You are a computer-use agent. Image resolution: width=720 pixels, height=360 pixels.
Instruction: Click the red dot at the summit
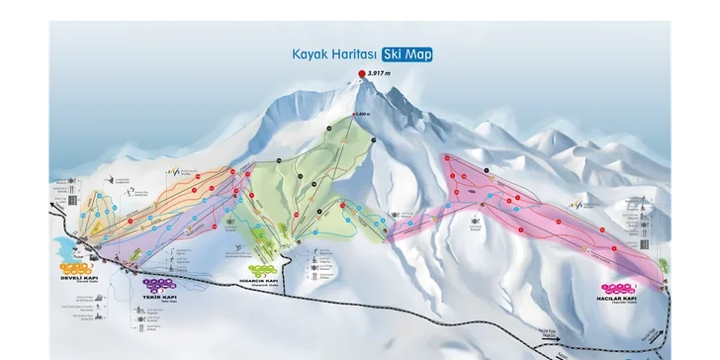pos(360,73)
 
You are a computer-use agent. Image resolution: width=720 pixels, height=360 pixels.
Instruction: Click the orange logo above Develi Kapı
pos(76,267)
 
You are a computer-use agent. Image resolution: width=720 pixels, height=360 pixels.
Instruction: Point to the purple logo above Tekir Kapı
pos(142,283)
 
